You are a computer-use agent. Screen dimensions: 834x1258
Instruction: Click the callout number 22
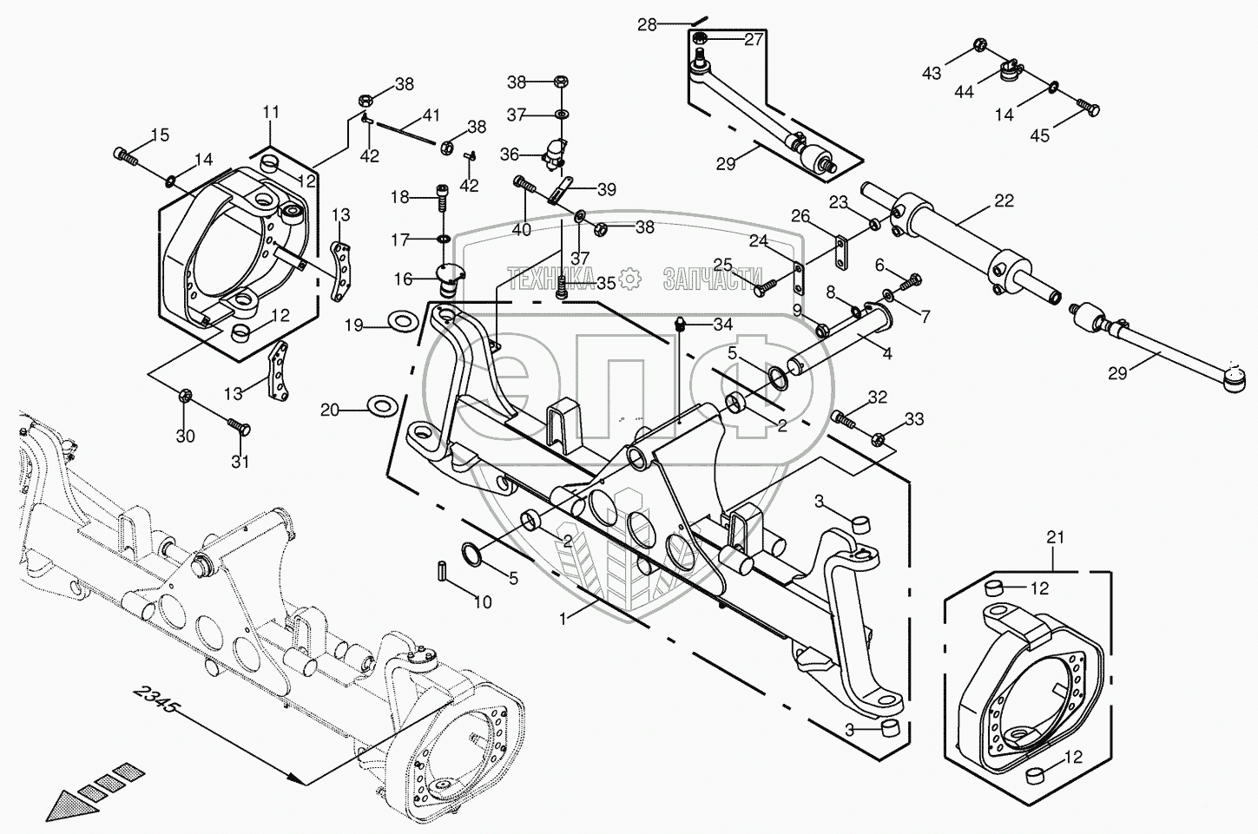click(x=1003, y=201)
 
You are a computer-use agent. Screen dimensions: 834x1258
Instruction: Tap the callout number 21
click(x=1054, y=538)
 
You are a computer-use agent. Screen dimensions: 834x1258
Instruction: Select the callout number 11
click(x=271, y=112)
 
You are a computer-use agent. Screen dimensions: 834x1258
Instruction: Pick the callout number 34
click(x=723, y=324)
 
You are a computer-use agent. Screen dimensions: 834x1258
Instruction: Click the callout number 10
click(x=482, y=602)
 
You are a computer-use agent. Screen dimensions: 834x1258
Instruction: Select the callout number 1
click(x=565, y=619)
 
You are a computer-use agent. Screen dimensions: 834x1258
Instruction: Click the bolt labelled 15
click(x=126, y=156)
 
